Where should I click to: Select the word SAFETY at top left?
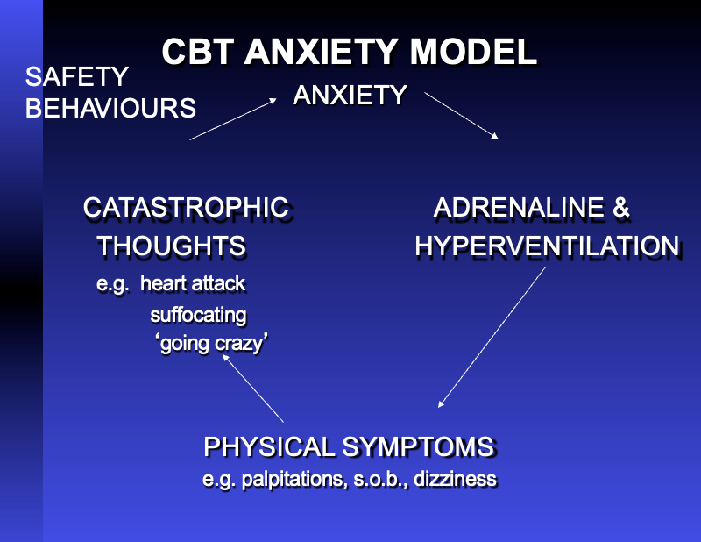click(x=77, y=77)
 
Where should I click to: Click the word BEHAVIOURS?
click(x=110, y=108)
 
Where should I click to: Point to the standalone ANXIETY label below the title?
click(x=350, y=95)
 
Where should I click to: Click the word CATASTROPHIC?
click(x=186, y=208)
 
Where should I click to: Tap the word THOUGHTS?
click(x=172, y=246)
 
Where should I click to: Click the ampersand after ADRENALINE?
click(x=620, y=208)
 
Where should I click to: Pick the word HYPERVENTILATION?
click(x=547, y=246)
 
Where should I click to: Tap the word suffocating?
click(x=198, y=314)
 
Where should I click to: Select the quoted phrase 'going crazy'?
click(x=210, y=344)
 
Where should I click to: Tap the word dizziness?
click(x=457, y=479)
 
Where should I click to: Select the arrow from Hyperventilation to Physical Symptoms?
click(x=492, y=338)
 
